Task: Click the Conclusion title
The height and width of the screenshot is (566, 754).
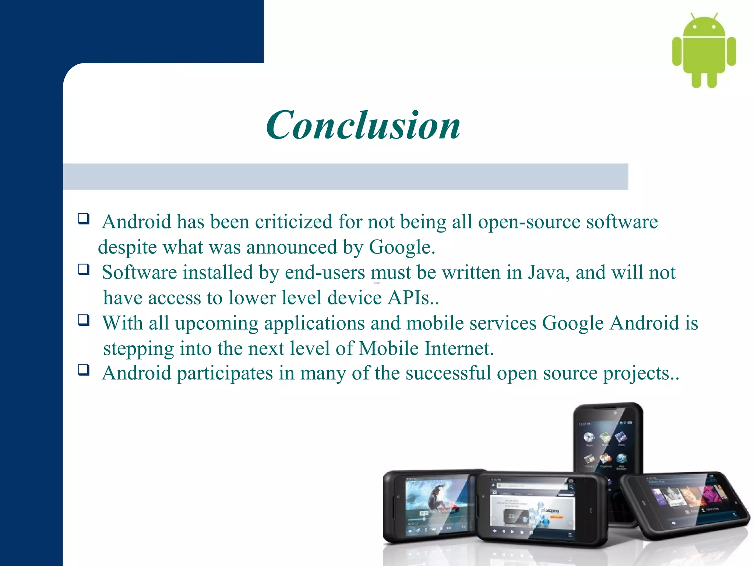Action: click(x=363, y=125)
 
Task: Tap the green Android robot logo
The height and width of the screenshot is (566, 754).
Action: click(x=704, y=52)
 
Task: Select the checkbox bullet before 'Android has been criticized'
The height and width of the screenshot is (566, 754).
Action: click(x=84, y=219)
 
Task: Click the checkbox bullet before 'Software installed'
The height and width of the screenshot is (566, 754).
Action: click(x=84, y=269)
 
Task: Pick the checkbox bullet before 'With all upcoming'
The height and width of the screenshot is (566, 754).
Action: click(x=84, y=320)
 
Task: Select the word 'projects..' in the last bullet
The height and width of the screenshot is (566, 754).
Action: click(x=641, y=374)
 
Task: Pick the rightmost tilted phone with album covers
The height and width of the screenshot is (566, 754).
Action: click(x=685, y=503)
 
